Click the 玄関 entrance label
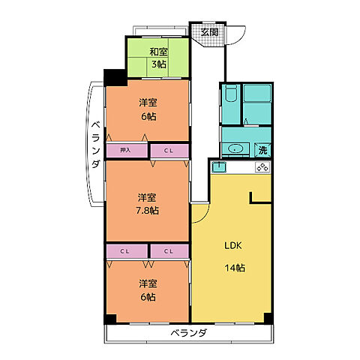click(x=209, y=32)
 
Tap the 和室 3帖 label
click(x=158, y=58)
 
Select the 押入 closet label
click(x=125, y=150)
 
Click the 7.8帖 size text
click(x=147, y=211)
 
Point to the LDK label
click(x=233, y=245)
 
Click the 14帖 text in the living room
click(x=235, y=268)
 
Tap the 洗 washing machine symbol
click(x=262, y=150)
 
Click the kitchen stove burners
click(x=262, y=167)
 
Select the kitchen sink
click(x=219, y=167)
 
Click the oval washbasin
click(x=235, y=149)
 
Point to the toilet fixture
click(x=231, y=94)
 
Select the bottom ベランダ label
click(x=189, y=333)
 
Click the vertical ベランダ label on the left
click(x=95, y=145)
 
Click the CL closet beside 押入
click(x=169, y=151)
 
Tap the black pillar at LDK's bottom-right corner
click(x=268, y=318)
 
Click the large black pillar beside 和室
click(x=115, y=78)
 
